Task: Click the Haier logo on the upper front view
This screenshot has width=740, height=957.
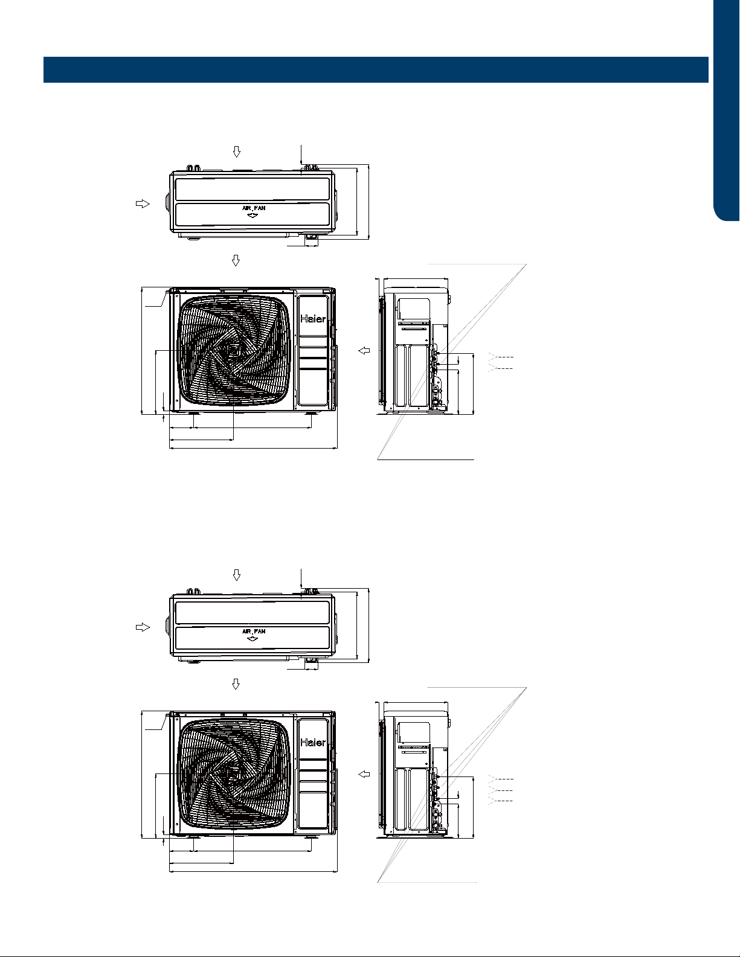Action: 313,319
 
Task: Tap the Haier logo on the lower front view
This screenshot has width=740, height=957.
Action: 313,742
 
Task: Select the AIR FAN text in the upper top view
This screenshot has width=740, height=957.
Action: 254,208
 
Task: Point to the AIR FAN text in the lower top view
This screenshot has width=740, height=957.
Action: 254,631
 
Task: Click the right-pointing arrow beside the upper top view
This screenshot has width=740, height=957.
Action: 143,203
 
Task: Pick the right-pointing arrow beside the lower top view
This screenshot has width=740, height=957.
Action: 143,627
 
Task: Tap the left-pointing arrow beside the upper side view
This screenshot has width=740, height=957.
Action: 364,351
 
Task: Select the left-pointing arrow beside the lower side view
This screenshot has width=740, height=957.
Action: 364,774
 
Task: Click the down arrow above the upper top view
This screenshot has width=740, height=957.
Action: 237,152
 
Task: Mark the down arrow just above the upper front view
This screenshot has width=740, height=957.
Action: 236,260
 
